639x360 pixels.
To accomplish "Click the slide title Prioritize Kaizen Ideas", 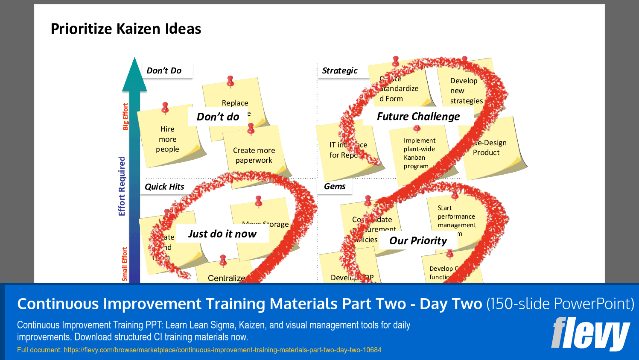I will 126,29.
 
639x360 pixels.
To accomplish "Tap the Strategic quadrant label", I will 340,71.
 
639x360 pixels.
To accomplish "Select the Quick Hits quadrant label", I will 164,187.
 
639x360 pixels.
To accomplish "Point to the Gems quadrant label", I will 335,187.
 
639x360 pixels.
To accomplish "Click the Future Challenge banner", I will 418,117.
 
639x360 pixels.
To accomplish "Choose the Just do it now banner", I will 222,234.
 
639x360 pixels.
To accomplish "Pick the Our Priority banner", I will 418,241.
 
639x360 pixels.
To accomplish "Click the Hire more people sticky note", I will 167,139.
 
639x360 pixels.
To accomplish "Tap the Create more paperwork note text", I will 254,155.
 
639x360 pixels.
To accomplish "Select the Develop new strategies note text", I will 466,91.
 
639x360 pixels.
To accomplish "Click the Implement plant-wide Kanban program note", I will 419,153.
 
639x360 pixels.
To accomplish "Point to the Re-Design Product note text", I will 489,148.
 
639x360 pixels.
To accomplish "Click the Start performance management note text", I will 456,217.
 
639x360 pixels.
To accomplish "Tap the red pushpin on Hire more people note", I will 165,108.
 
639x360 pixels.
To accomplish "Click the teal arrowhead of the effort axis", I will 134,77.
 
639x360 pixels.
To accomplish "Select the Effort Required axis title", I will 122,186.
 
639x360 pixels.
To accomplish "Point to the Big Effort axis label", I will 125,117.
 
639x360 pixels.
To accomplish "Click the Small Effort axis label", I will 125,264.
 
